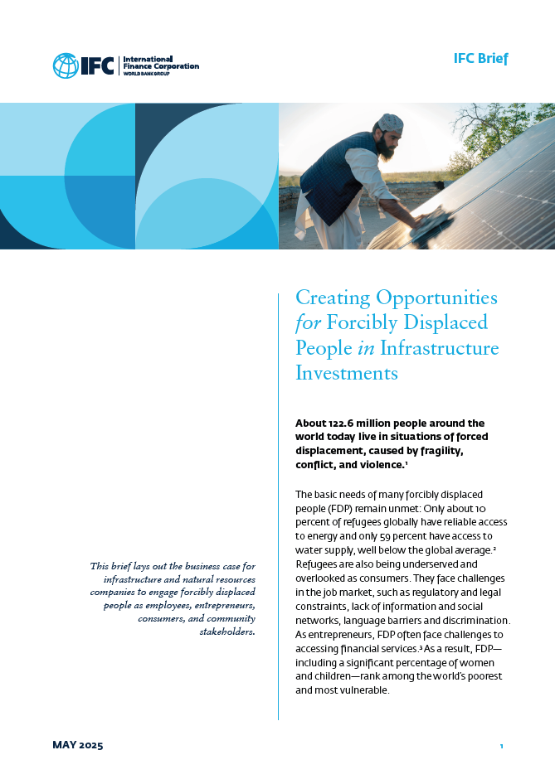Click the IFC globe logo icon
[66, 65]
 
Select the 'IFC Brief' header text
[480, 59]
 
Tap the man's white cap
[390, 124]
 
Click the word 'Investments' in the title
[347, 374]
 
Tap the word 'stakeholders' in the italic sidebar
[227, 632]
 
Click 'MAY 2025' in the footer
[78, 746]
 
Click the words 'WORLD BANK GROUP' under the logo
[144, 73]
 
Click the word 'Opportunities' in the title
[436, 297]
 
